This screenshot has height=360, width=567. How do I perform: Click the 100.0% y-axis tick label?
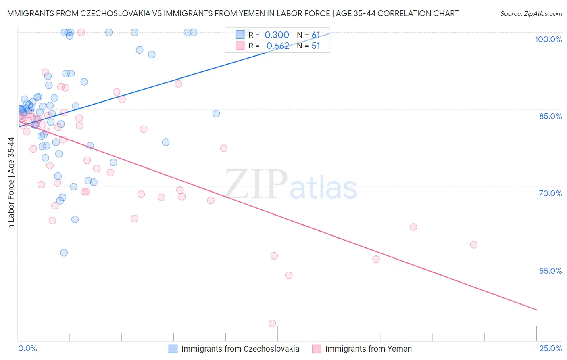click(548, 39)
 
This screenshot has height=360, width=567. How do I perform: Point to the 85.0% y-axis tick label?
click(550, 116)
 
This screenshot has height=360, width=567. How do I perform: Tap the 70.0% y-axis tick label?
click(550, 193)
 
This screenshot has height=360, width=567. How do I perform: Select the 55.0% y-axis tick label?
click(550, 271)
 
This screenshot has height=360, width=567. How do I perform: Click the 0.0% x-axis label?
click(27, 348)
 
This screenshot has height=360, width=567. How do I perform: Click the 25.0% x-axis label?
click(550, 348)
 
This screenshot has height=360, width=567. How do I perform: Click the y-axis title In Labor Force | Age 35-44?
click(11, 184)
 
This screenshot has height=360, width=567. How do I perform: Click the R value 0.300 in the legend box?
click(277, 35)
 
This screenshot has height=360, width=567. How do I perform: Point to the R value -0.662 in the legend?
click(276, 46)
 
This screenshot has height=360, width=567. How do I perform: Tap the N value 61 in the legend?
click(315, 35)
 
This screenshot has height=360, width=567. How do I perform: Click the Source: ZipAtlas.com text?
click(531, 14)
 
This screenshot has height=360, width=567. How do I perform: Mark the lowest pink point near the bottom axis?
click(272, 323)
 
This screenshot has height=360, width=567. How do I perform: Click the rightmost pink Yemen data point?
click(474, 245)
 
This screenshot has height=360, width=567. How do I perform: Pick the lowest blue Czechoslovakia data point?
click(64, 253)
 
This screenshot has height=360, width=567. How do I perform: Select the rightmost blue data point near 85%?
click(216, 113)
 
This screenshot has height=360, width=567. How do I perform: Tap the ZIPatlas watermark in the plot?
click(291, 184)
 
